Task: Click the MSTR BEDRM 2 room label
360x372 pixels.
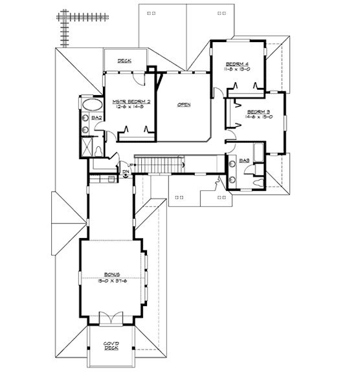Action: pyautogui.click(x=131, y=102)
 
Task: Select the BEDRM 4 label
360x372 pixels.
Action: pyautogui.click(x=238, y=63)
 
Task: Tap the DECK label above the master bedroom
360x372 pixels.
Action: pyautogui.click(x=124, y=61)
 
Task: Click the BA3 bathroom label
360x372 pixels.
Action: pyautogui.click(x=245, y=160)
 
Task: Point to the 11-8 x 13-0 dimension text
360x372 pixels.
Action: pyautogui.click(x=238, y=69)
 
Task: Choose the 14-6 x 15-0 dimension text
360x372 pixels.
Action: pyautogui.click(x=259, y=118)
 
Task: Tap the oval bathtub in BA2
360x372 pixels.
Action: pyautogui.click(x=89, y=104)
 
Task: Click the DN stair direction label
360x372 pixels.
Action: pyautogui.click(x=125, y=172)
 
